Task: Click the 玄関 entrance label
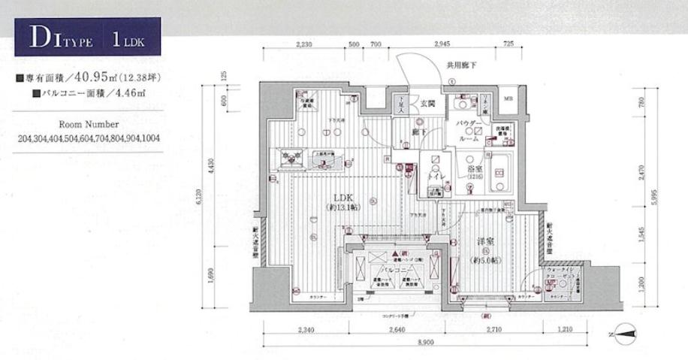[x=427, y=104]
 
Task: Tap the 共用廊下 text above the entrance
[x=461, y=65]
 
